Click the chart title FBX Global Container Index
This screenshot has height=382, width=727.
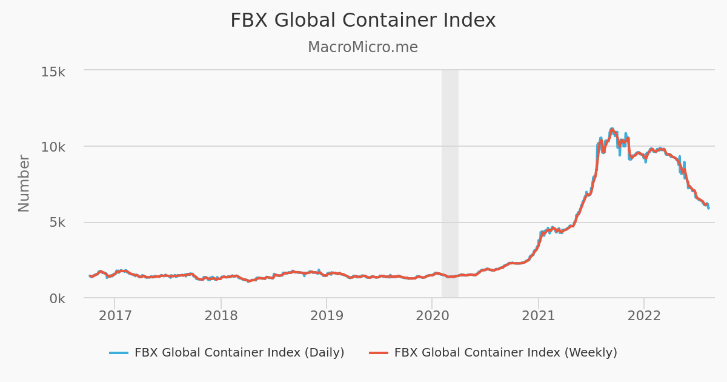pyautogui.click(x=363, y=21)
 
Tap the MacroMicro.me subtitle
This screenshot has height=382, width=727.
pyautogui.click(x=363, y=47)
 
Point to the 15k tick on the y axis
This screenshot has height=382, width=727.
pyautogui.click(x=53, y=72)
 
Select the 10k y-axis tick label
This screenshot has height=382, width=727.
pyautogui.click(x=53, y=147)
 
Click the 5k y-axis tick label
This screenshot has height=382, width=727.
pyautogui.click(x=57, y=223)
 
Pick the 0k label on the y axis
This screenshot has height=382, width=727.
pyautogui.click(x=57, y=299)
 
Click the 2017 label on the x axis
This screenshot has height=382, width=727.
pyautogui.click(x=115, y=315)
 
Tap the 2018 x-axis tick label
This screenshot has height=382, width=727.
pyautogui.click(x=221, y=315)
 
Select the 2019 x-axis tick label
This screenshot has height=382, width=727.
pyautogui.click(x=327, y=315)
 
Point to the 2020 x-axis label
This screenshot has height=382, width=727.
pyautogui.click(x=432, y=315)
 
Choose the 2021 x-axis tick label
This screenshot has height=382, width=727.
pyautogui.click(x=538, y=315)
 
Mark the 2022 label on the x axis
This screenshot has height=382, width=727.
pyautogui.click(x=643, y=315)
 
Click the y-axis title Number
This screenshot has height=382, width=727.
pyautogui.click(x=24, y=183)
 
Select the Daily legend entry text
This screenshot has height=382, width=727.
pyautogui.click(x=239, y=352)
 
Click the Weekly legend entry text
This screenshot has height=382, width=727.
pyautogui.click(x=505, y=352)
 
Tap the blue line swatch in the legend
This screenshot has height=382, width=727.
pyautogui.click(x=119, y=353)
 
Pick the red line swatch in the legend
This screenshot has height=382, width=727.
pyautogui.click(x=379, y=353)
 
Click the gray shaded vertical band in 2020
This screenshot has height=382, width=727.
pyautogui.click(x=450, y=182)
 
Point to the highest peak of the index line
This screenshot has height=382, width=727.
pyautogui.click(x=612, y=129)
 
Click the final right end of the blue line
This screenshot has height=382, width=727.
pyautogui.click(x=708, y=209)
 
